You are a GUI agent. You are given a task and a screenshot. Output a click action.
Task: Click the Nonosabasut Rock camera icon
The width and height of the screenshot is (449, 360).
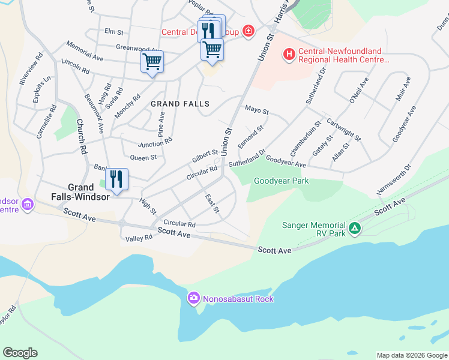click(193, 298)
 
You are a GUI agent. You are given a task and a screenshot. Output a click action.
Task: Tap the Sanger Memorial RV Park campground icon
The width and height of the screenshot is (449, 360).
click(355, 227)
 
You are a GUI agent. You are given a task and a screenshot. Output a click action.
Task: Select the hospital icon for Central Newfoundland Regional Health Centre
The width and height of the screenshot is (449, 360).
click(290, 55)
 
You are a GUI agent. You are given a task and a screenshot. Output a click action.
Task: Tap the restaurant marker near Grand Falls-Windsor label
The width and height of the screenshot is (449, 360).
click(117, 179)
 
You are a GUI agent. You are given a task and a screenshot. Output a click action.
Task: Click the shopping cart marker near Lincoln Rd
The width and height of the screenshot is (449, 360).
click(152, 61)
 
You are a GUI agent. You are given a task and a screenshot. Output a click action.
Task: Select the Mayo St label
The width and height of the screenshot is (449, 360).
click(257, 111)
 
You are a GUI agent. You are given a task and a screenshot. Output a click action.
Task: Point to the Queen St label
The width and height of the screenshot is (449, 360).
click(143, 158)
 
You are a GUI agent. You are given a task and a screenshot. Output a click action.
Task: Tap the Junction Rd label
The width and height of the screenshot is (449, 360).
click(155, 143)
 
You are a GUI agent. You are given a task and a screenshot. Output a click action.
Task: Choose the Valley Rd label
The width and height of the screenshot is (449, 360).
click(139, 238)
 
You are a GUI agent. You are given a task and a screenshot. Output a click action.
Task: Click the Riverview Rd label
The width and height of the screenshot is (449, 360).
click(30, 68)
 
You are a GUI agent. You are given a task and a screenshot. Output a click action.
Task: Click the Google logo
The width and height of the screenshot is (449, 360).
click(20, 353)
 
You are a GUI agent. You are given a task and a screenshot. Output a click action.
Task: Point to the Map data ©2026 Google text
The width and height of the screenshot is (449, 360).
click(411, 355)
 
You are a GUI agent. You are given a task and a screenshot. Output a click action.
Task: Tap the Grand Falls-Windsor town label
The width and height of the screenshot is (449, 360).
click(89, 192)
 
